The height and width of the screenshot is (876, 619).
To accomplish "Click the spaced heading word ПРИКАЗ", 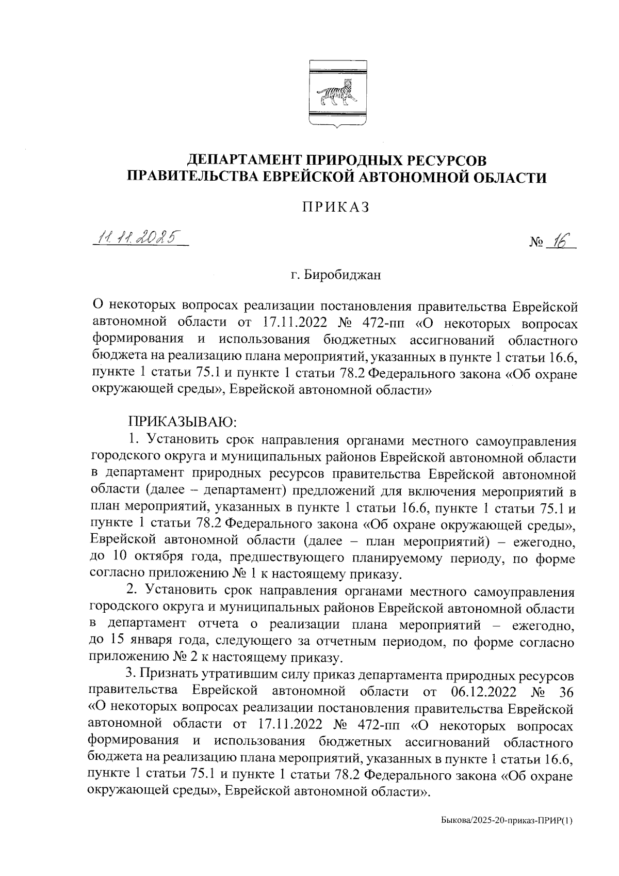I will tap(336, 206).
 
